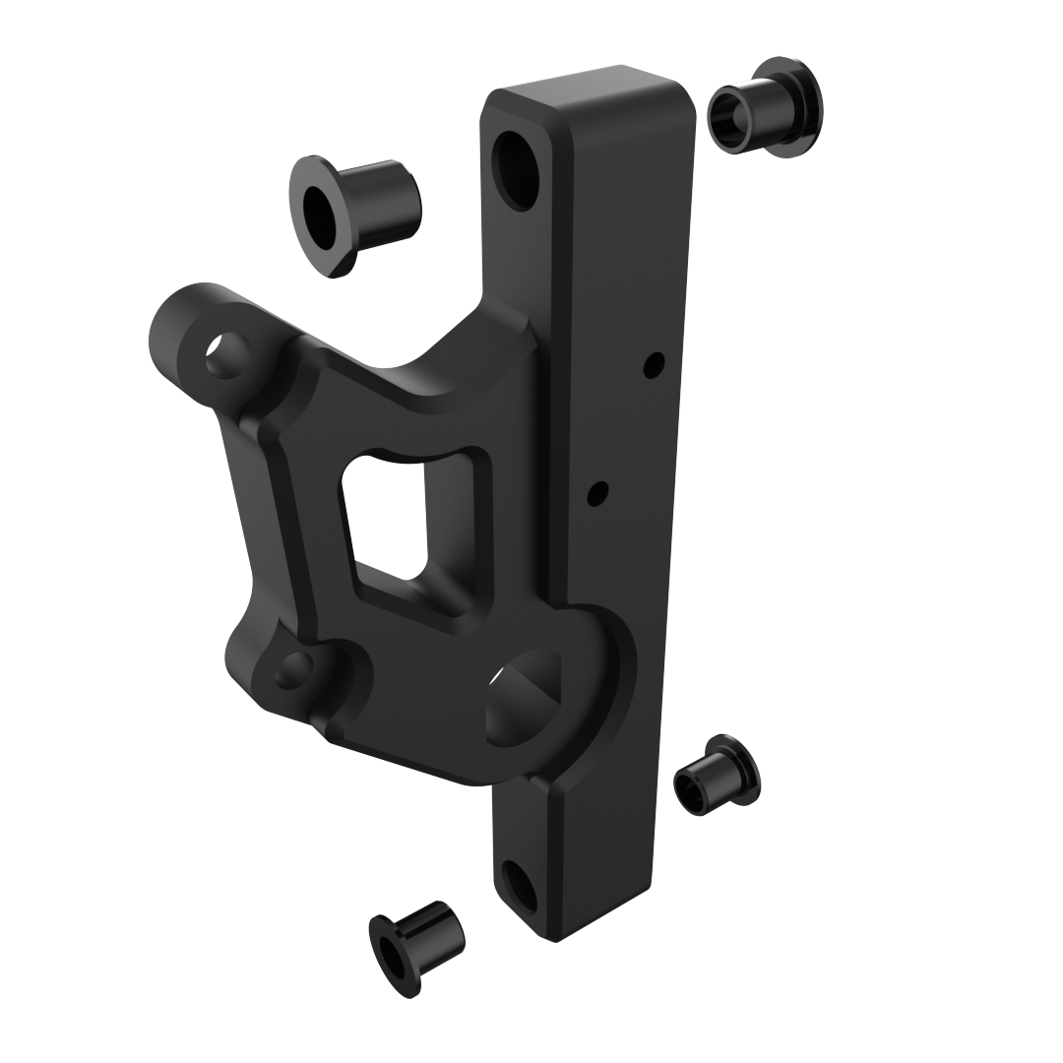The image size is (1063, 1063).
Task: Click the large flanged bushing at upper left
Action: (354, 215)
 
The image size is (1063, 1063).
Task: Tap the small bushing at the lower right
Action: (717, 776)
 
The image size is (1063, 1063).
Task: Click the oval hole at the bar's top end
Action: (516, 170)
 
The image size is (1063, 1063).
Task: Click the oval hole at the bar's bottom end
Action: (519, 885)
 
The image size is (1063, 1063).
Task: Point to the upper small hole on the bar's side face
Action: (653, 365)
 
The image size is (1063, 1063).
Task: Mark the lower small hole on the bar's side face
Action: (596, 493)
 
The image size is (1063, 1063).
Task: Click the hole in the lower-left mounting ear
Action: (293, 671)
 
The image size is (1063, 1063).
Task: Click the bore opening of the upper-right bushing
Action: (729, 119)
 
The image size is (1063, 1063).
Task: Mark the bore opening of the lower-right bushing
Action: (690, 793)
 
